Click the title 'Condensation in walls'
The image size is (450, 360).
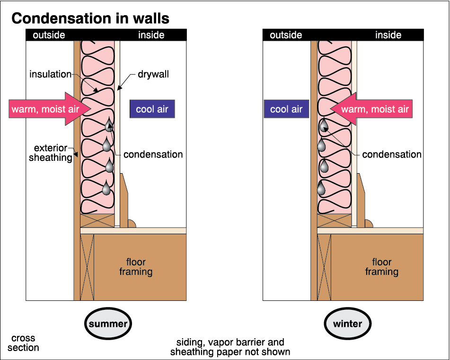click(x=90, y=18)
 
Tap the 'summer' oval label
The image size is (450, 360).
click(x=108, y=324)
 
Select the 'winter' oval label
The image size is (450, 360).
click(x=348, y=324)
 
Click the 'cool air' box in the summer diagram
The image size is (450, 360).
click(x=152, y=109)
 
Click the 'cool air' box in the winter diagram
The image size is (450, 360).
click(x=286, y=109)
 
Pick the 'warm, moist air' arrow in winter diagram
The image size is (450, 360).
click(x=371, y=109)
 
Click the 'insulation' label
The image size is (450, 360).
click(x=50, y=74)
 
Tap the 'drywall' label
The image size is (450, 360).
click(x=153, y=74)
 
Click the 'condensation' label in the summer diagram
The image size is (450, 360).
click(x=153, y=154)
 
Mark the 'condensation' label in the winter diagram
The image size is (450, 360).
click(x=392, y=154)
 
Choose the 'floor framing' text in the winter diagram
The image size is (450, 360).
click(x=381, y=267)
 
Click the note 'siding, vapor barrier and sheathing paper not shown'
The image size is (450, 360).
click(x=230, y=347)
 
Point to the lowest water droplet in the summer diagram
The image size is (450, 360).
click(x=106, y=189)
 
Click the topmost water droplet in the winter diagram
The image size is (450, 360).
click(x=324, y=125)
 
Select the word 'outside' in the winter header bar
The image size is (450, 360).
click(x=286, y=35)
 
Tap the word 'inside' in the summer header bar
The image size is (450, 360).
click(x=151, y=35)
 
